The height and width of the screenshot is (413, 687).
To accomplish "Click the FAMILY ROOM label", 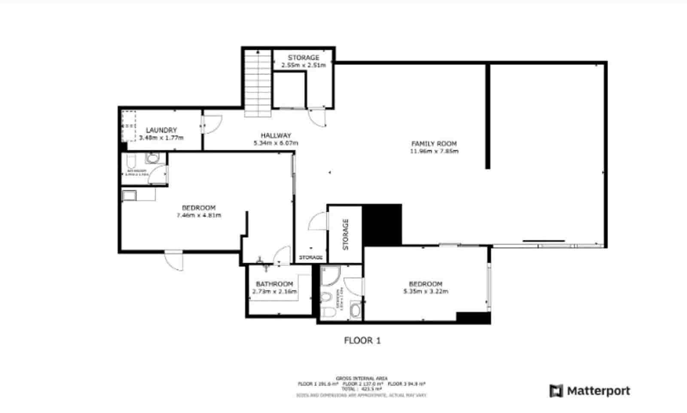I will coord(434,144).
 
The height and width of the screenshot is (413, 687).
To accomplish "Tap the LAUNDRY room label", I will coord(161,130).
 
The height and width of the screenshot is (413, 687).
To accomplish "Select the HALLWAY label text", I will coord(276,136).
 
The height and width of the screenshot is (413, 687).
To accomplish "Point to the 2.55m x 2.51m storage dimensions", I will coord(304,66).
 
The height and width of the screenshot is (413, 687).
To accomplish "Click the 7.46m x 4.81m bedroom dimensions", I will coord(198,215).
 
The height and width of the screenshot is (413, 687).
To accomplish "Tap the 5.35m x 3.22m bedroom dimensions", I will coord(426,292).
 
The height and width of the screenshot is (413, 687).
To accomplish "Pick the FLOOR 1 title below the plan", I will coord(362,341).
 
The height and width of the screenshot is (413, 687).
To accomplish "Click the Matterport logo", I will coord(590,391).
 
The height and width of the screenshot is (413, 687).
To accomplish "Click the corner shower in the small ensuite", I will coord(330,276).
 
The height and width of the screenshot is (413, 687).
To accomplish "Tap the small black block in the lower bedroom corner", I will coord(473,318).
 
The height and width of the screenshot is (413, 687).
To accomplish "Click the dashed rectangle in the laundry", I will coord(128,126).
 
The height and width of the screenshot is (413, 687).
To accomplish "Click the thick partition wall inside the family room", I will coord(488,116).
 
